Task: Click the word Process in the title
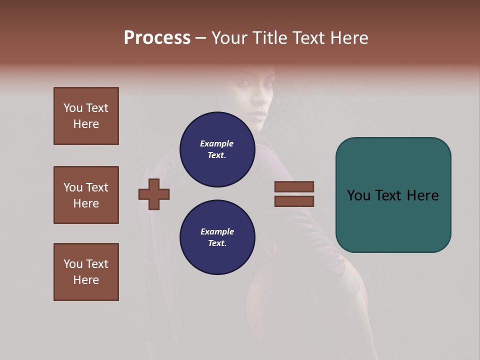pyautogui.click(x=157, y=38)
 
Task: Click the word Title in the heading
pyautogui.click(x=271, y=38)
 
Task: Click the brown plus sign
pyautogui.click(x=154, y=194)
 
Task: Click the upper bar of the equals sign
pyautogui.click(x=294, y=186)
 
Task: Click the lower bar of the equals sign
pyautogui.click(x=294, y=201)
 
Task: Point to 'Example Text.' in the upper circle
pyautogui.click(x=217, y=149)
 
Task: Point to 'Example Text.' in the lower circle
pyautogui.click(x=217, y=237)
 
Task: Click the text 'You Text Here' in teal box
pyautogui.click(x=393, y=195)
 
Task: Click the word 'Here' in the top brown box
pyautogui.click(x=86, y=124)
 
